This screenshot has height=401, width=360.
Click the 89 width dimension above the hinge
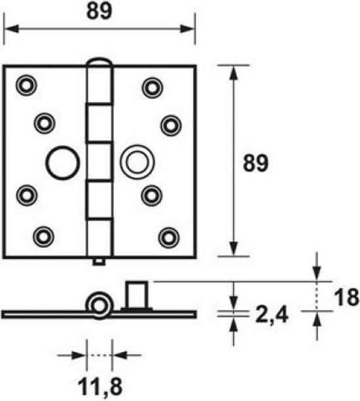point(99,12)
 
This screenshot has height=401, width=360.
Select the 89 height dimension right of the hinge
point(256,162)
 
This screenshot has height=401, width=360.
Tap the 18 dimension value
point(346,297)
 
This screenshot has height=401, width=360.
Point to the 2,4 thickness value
point(272,315)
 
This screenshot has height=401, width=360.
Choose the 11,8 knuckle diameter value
point(100,387)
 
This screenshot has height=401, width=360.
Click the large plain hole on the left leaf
point(63,162)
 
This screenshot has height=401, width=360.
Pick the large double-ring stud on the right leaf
point(137,162)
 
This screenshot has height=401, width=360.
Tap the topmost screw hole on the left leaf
point(26,85)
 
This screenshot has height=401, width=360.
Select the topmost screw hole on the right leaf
point(153,88)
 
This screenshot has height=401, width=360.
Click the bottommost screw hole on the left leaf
point(44,237)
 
